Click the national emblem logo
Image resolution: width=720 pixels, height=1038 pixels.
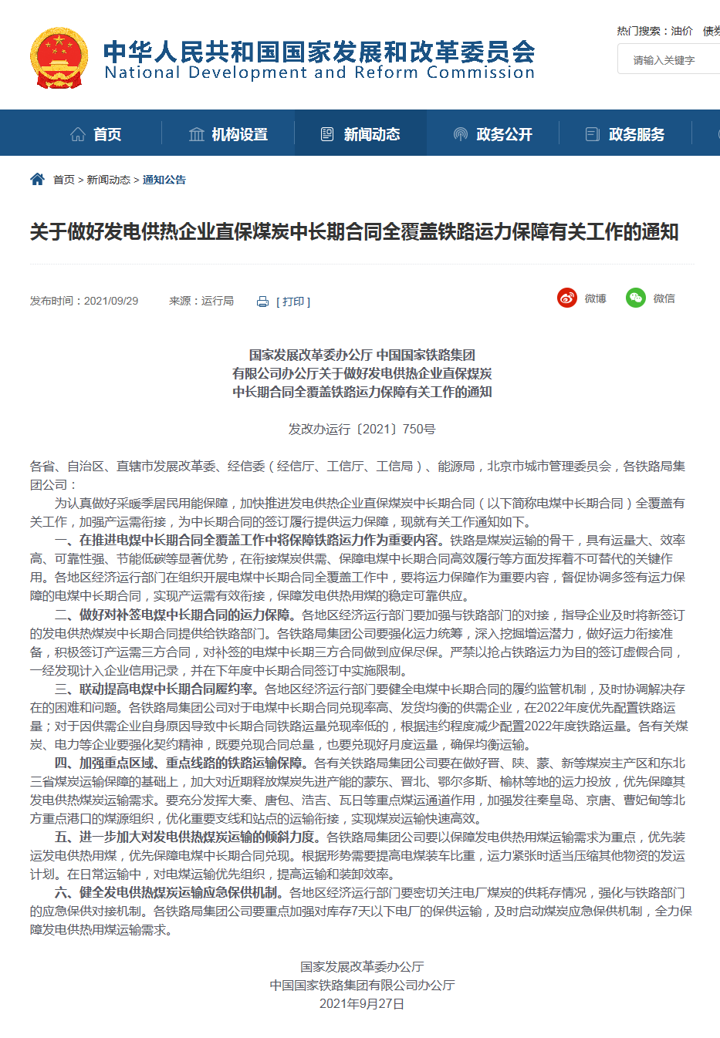[59, 58]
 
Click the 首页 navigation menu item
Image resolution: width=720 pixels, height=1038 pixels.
[96, 134]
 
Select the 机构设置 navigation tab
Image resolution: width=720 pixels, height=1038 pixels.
[228, 134]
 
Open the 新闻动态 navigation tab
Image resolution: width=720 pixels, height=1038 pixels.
[360, 134]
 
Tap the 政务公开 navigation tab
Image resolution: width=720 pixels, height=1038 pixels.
[493, 134]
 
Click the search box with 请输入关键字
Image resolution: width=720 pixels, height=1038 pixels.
[668, 59]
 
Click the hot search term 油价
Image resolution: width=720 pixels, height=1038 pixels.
[681, 31]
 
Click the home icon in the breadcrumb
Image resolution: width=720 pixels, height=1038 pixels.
[37, 179]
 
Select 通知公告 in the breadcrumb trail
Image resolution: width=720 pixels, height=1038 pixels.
[164, 180]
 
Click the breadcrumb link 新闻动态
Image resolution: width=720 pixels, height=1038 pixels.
[108, 180]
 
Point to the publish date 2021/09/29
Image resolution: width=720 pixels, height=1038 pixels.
[111, 301]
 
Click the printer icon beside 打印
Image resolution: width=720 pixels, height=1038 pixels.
[262, 302]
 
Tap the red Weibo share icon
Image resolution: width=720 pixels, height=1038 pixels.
[567, 298]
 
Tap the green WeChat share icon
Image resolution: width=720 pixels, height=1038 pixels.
[636, 298]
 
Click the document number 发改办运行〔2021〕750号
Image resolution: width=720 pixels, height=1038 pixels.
[362, 429]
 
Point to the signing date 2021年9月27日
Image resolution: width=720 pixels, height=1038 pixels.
[362, 1003]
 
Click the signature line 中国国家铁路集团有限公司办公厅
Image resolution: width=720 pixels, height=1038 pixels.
[362, 985]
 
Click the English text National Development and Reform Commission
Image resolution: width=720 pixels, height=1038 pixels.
[319, 72]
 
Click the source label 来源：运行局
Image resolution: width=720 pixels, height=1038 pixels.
[201, 301]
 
